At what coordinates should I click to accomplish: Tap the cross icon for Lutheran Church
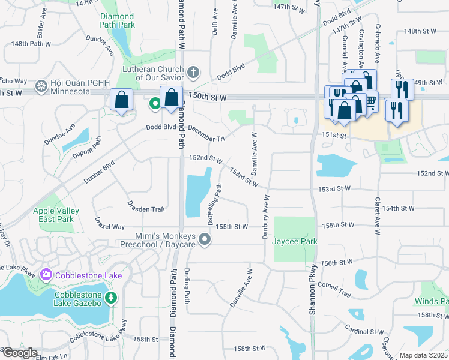(x=193, y=73)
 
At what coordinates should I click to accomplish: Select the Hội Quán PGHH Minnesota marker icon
(x=41, y=86)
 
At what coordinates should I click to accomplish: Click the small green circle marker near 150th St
(x=155, y=104)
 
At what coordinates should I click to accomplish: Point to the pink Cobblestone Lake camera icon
(x=46, y=275)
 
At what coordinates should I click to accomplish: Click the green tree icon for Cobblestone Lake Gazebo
(x=110, y=298)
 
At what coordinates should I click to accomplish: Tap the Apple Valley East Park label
(x=61, y=215)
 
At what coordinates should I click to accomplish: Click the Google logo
(x=19, y=353)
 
